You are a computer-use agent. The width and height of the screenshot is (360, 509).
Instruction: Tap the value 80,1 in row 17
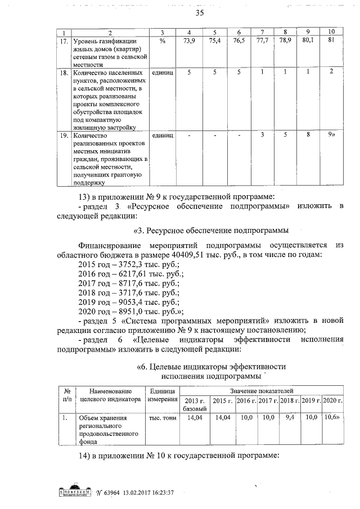(308, 41)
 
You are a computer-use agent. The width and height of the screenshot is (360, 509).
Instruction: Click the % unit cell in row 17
(161, 41)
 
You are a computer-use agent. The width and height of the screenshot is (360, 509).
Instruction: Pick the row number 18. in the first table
(65, 73)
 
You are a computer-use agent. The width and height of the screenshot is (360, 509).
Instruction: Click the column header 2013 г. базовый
(195, 403)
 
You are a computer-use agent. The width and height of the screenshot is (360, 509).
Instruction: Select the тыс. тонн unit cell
(162, 418)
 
